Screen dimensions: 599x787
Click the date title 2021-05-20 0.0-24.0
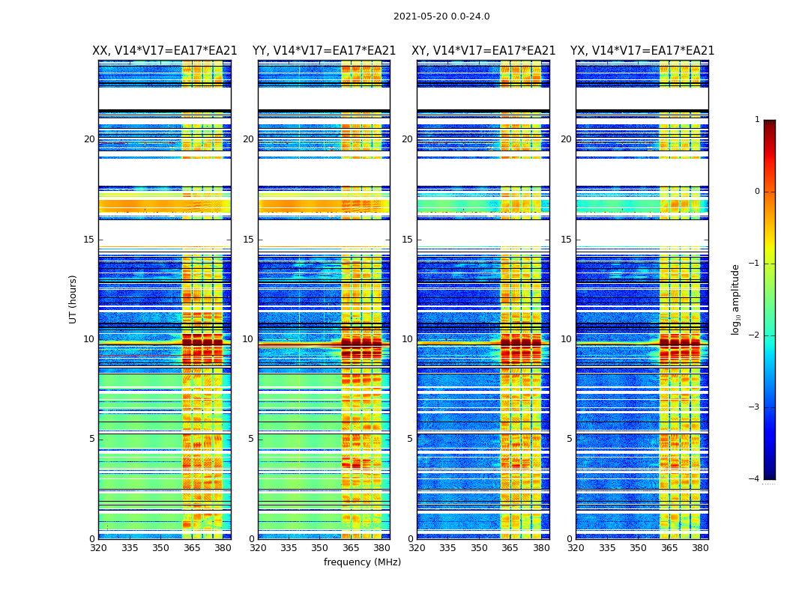[x=441, y=16]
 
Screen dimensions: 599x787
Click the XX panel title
[x=165, y=51]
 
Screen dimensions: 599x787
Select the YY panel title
[x=324, y=51]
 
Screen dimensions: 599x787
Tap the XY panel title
[x=483, y=51]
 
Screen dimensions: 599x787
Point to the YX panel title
[x=642, y=51]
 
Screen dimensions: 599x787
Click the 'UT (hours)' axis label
[x=73, y=299]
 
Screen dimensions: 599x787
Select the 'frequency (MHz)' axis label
[x=362, y=562]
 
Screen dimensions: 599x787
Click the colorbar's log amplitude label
[x=736, y=299]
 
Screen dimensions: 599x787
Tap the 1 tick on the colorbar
[x=757, y=120]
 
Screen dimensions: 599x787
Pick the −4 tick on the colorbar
[x=755, y=479]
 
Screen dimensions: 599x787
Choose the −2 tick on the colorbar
[x=755, y=335]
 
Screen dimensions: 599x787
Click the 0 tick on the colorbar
[x=757, y=192]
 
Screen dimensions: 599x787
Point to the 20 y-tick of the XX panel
[x=89, y=139]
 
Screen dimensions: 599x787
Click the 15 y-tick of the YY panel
[x=248, y=240]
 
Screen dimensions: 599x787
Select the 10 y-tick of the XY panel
[x=407, y=339]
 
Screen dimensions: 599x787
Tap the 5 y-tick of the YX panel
[x=569, y=439]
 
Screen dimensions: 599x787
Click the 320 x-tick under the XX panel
[x=99, y=547]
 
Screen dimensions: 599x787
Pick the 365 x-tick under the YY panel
[x=351, y=547]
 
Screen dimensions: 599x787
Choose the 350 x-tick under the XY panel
[x=479, y=547]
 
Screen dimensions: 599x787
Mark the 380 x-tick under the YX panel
[x=700, y=547]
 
